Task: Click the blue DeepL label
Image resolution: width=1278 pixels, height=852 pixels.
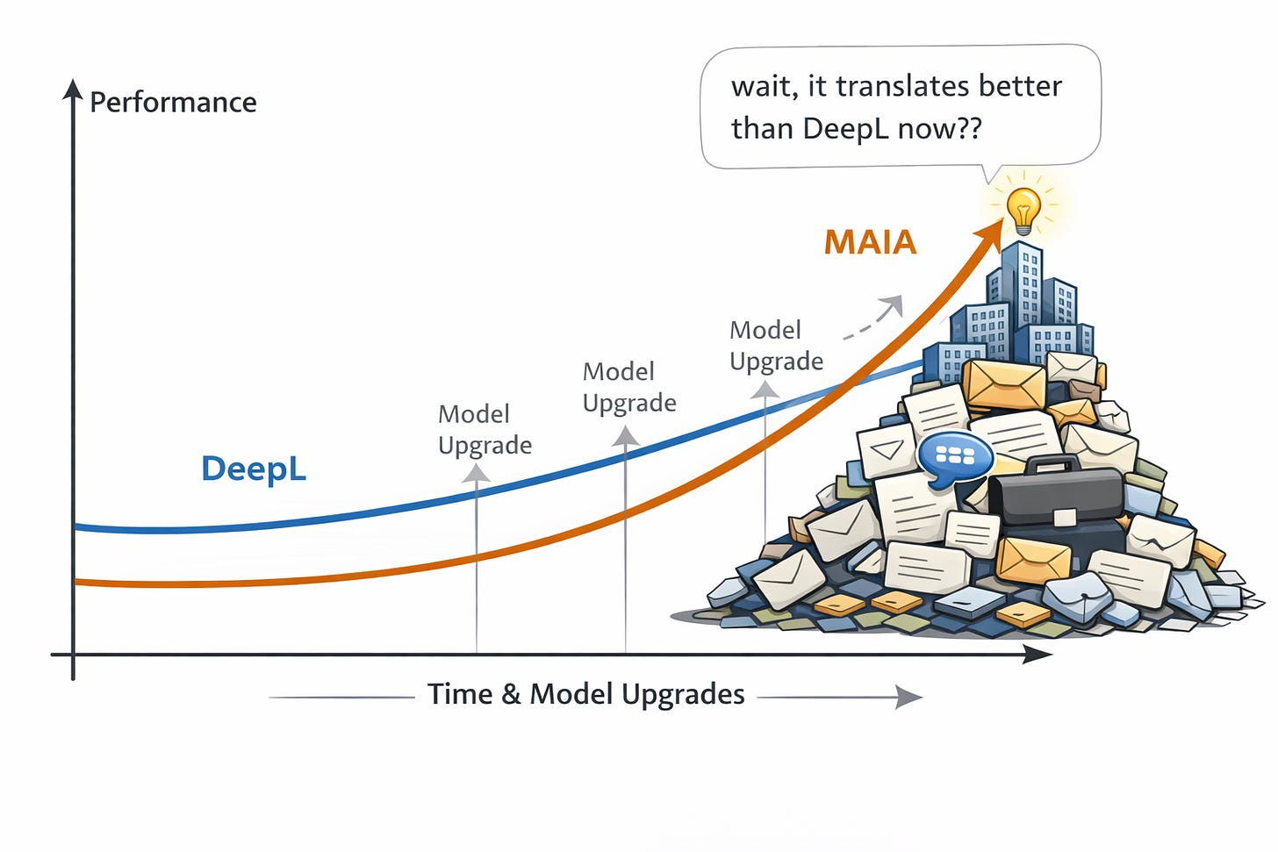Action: click(254, 469)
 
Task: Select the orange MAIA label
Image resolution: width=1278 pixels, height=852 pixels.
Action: click(870, 242)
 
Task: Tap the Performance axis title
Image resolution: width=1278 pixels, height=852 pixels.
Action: click(173, 103)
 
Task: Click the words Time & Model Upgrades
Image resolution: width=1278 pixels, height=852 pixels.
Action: click(586, 694)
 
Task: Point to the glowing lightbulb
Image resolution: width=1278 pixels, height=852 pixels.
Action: click(1023, 209)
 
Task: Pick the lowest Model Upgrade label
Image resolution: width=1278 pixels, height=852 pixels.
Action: click(485, 429)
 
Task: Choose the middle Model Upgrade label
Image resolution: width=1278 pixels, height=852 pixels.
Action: click(629, 387)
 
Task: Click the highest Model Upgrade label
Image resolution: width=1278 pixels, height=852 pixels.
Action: click(776, 345)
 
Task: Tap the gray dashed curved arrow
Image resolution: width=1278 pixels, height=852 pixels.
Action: click(873, 318)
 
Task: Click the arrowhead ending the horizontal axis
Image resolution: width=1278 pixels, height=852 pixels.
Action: click(1038, 654)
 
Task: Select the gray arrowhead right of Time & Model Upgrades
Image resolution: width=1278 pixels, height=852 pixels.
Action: click(909, 697)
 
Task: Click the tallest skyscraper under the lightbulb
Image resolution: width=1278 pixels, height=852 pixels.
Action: click(1022, 290)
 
